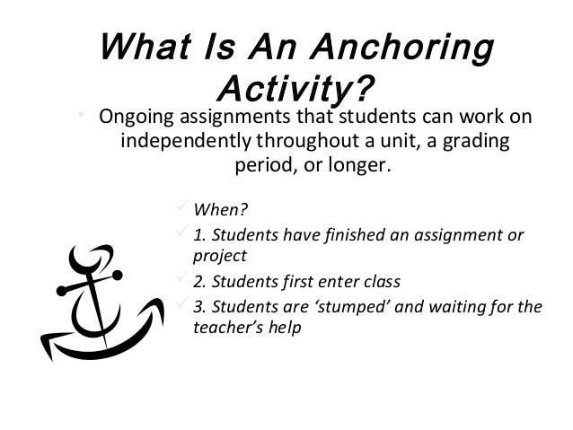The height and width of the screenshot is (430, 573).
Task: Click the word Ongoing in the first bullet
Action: pyautogui.click(x=136, y=118)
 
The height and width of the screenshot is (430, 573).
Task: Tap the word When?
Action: pyautogui.click(x=221, y=212)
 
